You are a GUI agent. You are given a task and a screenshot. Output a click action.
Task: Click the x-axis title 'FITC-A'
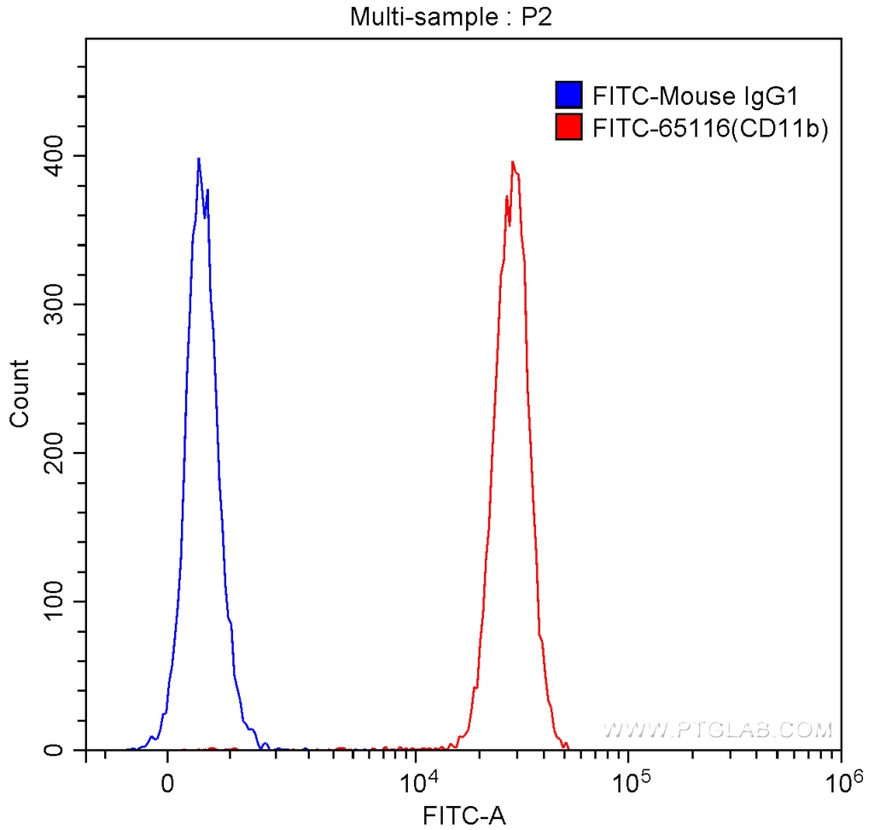tap(465, 815)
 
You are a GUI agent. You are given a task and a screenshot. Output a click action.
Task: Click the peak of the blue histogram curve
tap(199, 160)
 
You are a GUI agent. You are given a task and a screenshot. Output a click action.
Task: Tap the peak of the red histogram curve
tap(512, 162)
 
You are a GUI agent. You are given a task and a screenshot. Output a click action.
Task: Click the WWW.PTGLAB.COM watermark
tap(717, 729)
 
